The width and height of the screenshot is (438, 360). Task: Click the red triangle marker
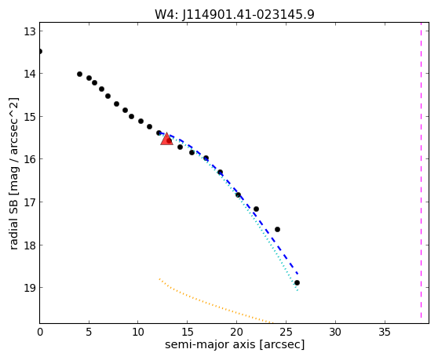[x=166, y=139]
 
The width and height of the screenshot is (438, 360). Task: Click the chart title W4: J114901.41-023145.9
[x=235, y=14]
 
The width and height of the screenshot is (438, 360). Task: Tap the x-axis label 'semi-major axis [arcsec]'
[x=235, y=344]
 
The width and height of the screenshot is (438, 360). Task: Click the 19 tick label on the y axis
[x=30, y=288]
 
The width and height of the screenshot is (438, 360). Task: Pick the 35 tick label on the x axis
[x=385, y=332]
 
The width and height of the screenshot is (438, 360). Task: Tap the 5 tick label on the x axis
[x=89, y=332]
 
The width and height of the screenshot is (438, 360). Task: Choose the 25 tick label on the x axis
[x=286, y=332]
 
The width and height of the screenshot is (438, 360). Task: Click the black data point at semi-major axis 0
[x=40, y=51]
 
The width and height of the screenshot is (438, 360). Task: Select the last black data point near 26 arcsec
[x=297, y=282]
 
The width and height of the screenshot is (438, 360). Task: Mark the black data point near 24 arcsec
[x=277, y=229]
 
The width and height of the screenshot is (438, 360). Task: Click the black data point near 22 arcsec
[x=256, y=209]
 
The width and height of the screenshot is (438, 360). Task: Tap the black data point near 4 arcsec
[x=79, y=74]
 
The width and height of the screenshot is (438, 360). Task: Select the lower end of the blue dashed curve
[x=297, y=274]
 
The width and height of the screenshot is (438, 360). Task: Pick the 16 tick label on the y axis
[x=30, y=159]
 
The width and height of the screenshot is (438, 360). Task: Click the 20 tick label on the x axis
[x=236, y=332]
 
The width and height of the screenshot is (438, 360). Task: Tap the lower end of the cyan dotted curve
[x=297, y=291]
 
